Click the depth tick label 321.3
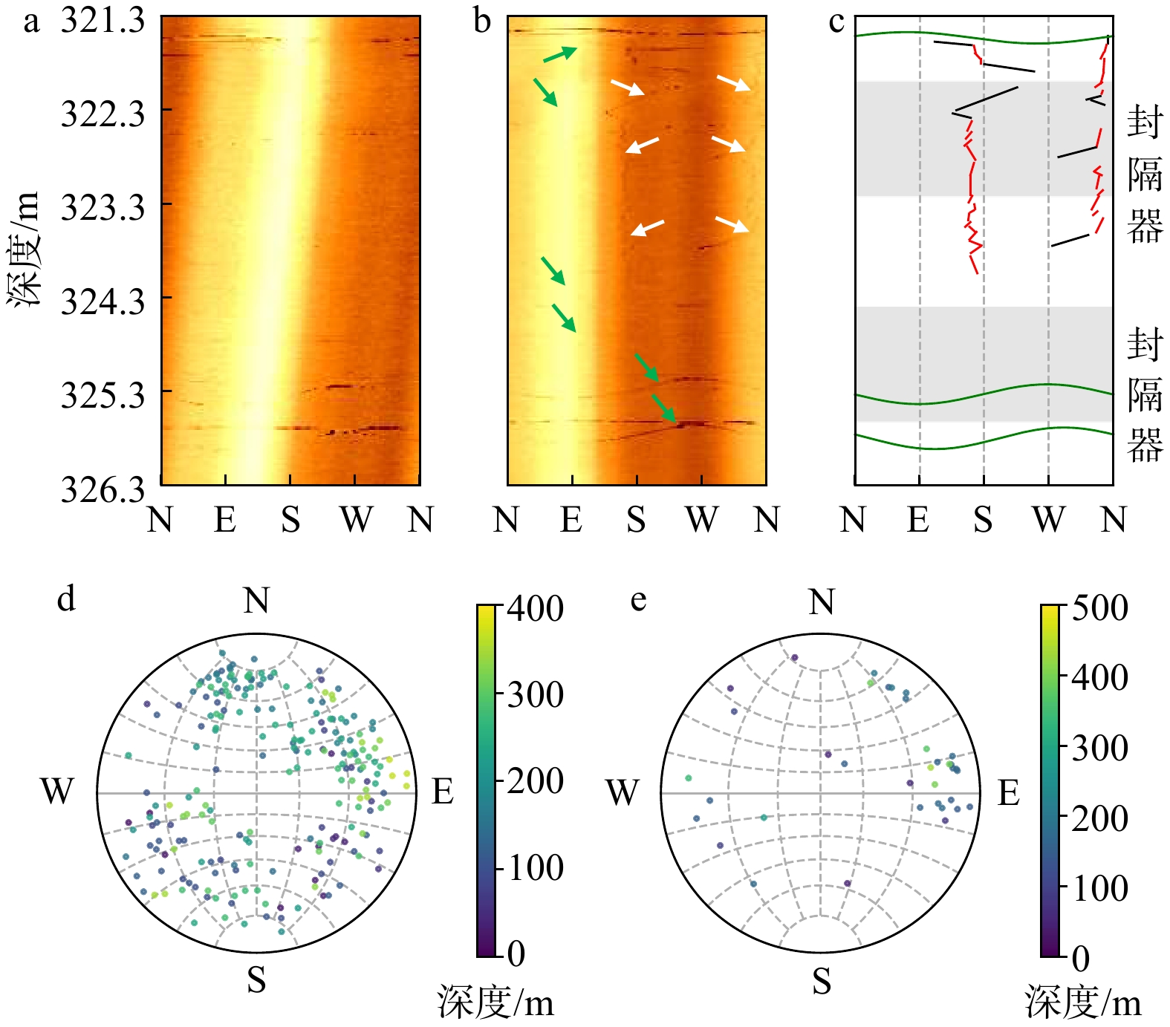pyautogui.click(x=103, y=20)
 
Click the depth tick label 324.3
pyautogui.click(x=103, y=301)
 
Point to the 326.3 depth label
pyautogui.click(x=103, y=489)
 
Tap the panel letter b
pyautogui.click(x=482, y=21)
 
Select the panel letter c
pyautogui.click(x=836, y=21)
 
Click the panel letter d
pyautogui.click(x=66, y=598)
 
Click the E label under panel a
pyautogui.click(x=225, y=519)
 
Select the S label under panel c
pyautogui.click(x=983, y=519)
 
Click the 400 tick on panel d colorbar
pyautogui.click(x=535, y=609)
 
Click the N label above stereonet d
pyautogui.click(x=256, y=600)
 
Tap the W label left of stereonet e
pyautogui.click(x=622, y=792)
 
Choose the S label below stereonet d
pyautogui.click(x=256, y=980)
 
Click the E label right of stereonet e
pyautogui.click(x=1008, y=793)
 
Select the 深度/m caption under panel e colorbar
pyautogui.click(x=1084, y=1002)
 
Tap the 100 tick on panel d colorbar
pyautogui.click(x=535, y=867)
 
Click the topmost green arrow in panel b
pyautogui.click(x=560, y=54)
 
